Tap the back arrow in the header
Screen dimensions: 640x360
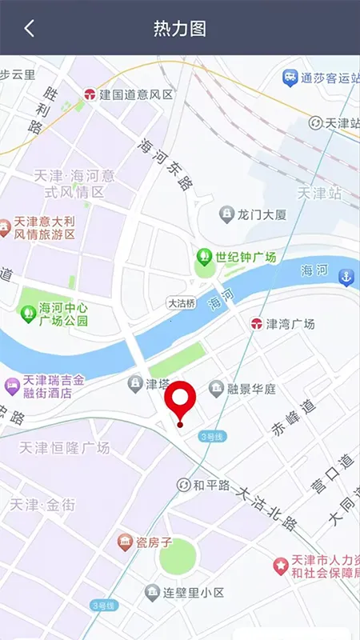click(29, 29)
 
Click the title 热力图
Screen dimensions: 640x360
click(180, 29)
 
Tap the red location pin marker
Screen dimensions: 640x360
click(181, 400)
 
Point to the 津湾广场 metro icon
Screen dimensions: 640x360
click(256, 324)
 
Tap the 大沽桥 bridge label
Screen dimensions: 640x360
click(182, 304)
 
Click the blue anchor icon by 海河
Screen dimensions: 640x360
click(346, 278)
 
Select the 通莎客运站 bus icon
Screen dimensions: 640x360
click(290, 78)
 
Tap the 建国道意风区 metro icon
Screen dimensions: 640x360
click(90, 94)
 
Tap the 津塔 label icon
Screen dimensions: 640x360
click(136, 384)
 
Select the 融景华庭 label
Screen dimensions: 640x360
click(251, 390)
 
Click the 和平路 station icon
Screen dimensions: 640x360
click(184, 485)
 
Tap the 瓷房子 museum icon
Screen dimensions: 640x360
click(126, 542)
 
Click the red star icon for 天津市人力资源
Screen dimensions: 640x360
click(280, 566)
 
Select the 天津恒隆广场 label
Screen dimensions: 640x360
click(64, 448)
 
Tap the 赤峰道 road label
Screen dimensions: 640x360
click(294, 416)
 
